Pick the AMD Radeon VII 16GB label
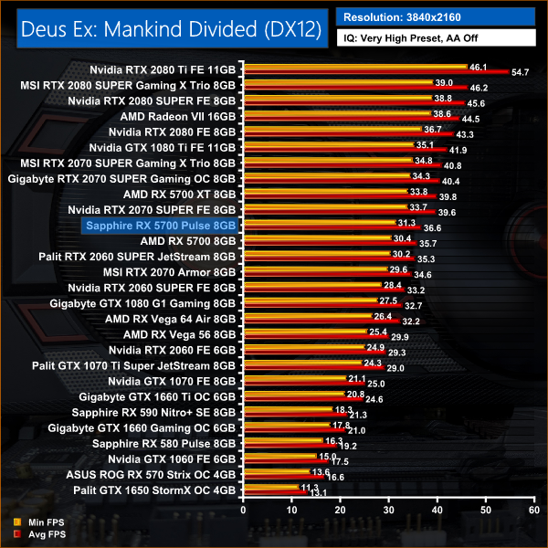pyautogui.click(x=178, y=117)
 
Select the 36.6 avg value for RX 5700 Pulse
pyautogui.click(x=433, y=227)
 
